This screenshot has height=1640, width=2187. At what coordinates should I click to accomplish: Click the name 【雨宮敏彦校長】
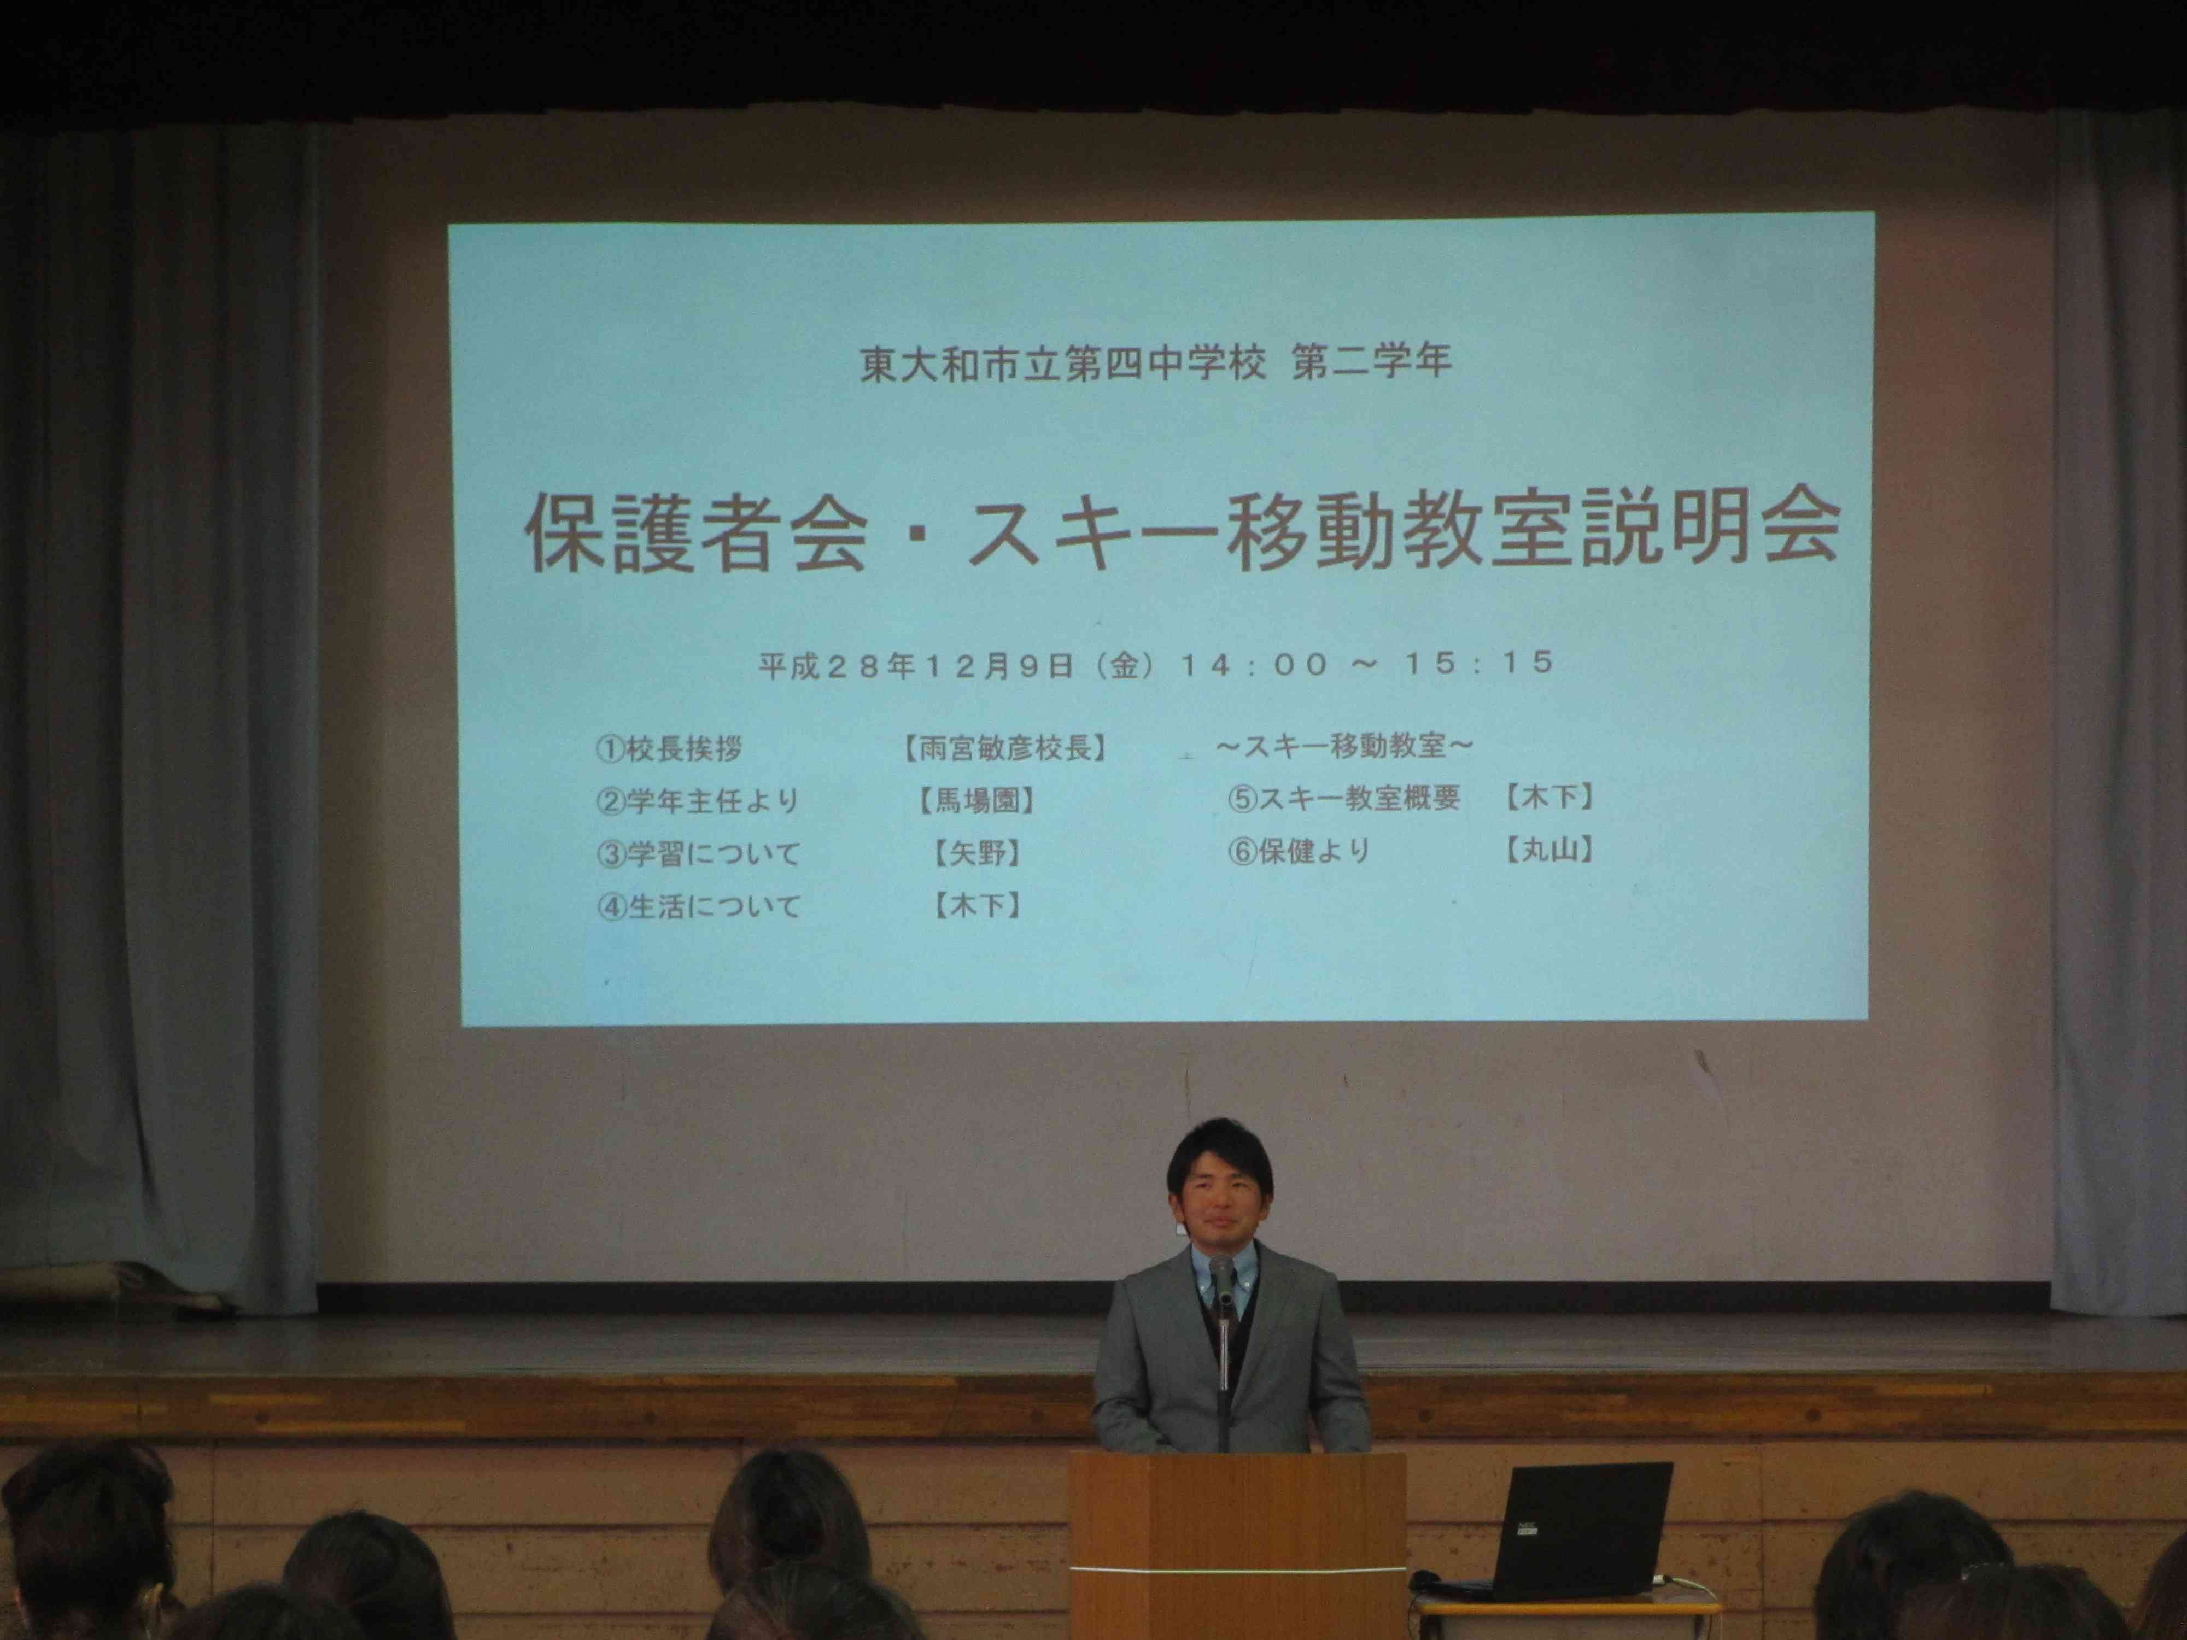1003,748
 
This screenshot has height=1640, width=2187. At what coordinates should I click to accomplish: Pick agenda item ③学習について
698,853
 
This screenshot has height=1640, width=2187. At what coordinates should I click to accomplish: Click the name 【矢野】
977,853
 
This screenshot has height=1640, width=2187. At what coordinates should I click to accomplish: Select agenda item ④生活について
698,905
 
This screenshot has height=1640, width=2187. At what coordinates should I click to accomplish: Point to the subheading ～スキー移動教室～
1344,746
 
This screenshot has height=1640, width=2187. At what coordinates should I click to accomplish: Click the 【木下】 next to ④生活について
977,905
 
